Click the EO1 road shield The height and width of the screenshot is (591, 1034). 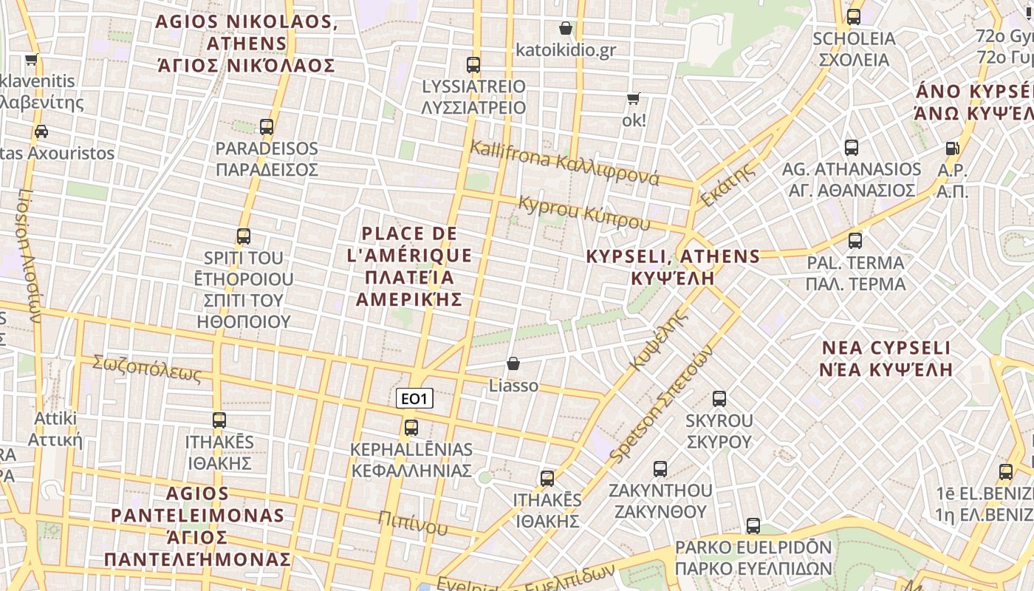point(414,400)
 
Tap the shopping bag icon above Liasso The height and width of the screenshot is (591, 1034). point(513,364)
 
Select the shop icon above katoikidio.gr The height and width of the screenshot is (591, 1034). point(566,29)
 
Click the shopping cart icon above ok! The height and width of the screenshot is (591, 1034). point(633,98)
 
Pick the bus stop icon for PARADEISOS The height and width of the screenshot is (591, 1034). point(267,127)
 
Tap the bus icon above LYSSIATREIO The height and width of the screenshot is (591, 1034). point(473,65)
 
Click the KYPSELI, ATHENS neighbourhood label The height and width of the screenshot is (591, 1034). point(672,267)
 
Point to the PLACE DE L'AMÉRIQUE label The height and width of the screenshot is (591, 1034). point(409,266)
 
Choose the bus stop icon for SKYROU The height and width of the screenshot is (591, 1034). point(719,400)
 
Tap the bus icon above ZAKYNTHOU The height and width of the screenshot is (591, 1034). point(660,469)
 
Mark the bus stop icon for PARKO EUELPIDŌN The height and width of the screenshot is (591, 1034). point(753,526)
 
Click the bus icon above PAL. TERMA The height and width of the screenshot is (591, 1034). point(855,241)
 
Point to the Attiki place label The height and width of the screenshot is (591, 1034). point(55,429)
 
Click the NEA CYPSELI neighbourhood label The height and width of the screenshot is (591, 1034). point(886,358)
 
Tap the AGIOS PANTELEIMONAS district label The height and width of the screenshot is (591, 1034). point(198,526)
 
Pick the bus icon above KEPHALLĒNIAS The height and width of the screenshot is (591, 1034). point(411,428)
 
